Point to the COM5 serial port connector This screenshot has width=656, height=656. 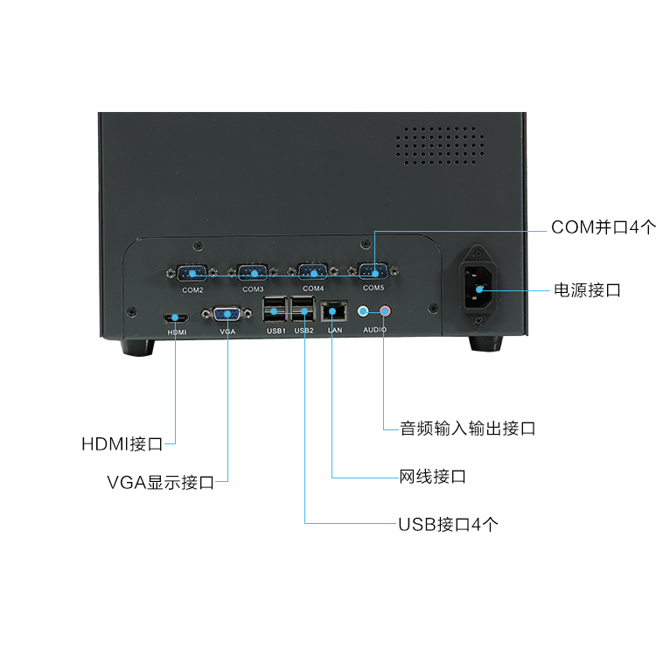click(x=373, y=273)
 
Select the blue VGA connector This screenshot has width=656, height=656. click(x=227, y=316)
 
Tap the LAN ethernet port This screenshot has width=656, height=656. click(x=334, y=311)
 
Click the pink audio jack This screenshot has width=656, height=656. click(x=384, y=311)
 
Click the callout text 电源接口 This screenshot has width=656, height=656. click(x=587, y=290)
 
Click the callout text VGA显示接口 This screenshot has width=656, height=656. click(x=160, y=483)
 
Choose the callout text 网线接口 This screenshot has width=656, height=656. click(x=432, y=478)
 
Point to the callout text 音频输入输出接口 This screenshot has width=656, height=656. click(x=467, y=429)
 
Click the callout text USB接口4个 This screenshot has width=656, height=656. click(x=449, y=525)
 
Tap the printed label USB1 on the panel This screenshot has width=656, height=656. click(x=274, y=331)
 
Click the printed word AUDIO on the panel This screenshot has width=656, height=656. click(x=375, y=331)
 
